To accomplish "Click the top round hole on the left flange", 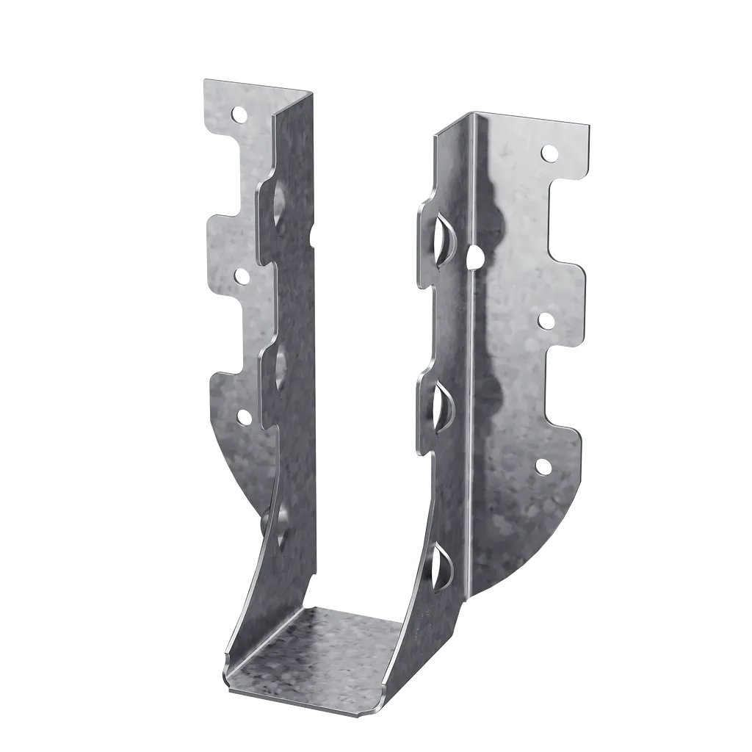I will point(238,114).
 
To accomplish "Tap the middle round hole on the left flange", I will point(240,276).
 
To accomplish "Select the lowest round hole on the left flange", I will point(243,417).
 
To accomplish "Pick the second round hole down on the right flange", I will point(546,320).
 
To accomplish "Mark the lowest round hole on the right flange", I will point(543,466).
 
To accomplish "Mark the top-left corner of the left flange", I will point(203,79).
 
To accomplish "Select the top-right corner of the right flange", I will point(590,120).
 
